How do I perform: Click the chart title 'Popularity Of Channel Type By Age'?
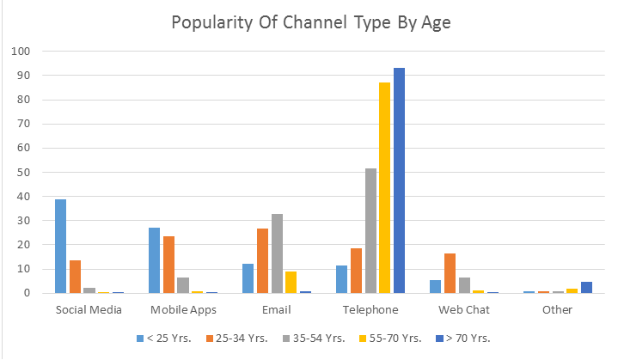coord(310,22)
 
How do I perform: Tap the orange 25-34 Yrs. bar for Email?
coord(262,261)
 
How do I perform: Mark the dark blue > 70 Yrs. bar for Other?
coord(586,287)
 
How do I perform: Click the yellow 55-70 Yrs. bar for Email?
coord(291,282)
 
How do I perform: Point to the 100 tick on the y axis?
coord(20,52)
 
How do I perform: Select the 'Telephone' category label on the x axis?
coord(370,309)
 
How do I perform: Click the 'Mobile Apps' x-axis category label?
coord(182,309)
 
